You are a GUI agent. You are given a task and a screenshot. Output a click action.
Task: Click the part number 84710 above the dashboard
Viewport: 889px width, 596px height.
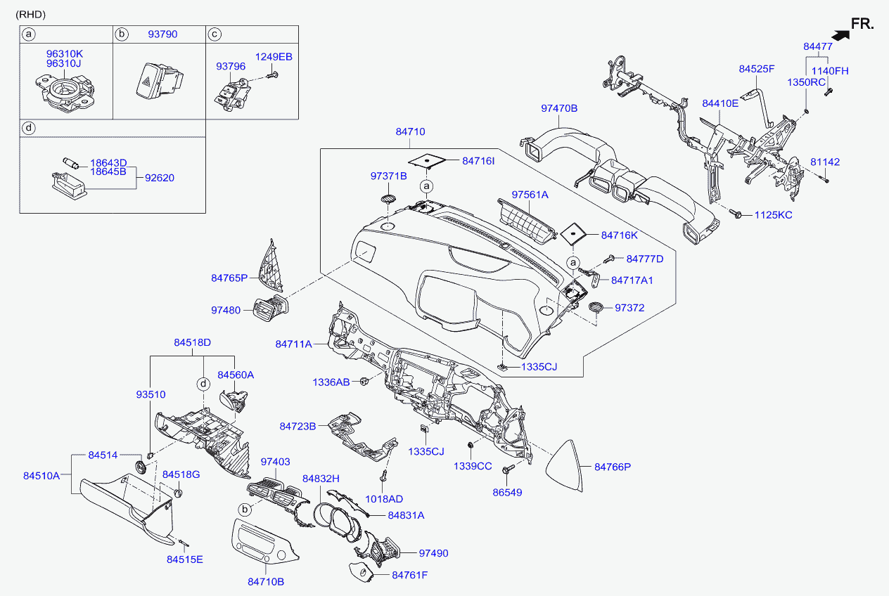point(410,131)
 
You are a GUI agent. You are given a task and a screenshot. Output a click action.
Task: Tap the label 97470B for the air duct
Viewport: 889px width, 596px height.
point(559,108)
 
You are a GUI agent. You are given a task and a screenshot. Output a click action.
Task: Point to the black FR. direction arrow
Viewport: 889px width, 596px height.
point(838,33)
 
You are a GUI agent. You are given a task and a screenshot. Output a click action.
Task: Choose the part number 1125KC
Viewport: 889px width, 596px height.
point(774,214)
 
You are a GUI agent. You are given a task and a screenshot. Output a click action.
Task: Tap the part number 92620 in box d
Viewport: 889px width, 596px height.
point(160,178)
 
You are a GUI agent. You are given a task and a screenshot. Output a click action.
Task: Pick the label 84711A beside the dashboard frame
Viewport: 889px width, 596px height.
point(293,344)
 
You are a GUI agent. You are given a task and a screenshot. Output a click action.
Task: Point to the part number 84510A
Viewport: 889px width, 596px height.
point(41,476)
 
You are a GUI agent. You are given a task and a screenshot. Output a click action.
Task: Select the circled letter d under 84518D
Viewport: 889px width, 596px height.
point(203,384)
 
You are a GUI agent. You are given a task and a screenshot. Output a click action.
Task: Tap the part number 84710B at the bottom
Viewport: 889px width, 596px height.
point(266,581)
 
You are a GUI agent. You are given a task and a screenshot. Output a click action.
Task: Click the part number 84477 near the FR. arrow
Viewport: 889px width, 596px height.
point(818,46)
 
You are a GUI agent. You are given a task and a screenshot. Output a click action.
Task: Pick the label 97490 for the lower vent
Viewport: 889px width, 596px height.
point(433,553)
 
